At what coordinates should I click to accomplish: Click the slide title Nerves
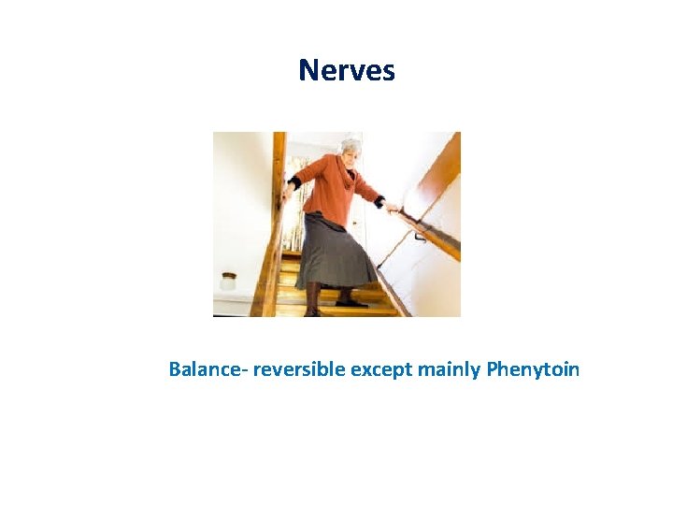pos(347,70)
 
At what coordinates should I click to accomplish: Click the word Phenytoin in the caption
pos(533,369)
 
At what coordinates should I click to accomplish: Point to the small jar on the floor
pos(227,280)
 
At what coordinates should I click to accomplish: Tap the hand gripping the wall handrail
pos(393,208)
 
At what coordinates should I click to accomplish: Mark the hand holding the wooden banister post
pos(284,194)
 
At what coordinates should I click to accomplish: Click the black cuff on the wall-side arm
pos(379,200)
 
